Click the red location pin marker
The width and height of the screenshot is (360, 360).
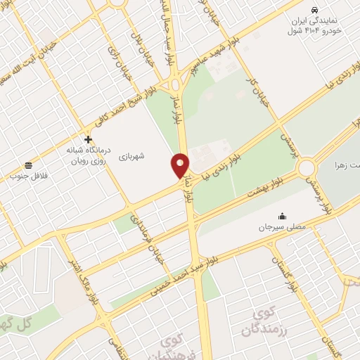[x=180, y=165]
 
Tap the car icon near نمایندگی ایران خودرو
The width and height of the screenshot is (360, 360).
[x=314, y=9]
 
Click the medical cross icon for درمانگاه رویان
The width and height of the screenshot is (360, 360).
[x=88, y=139]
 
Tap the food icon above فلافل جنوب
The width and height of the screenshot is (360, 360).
[x=27, y=165]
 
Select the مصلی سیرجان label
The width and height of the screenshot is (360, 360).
[x=281, y=228]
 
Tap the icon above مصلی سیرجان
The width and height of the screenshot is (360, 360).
[x=282, y=216]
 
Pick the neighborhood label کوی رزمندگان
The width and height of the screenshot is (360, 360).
[x=264, y=321]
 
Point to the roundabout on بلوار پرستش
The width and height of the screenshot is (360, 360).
[x=307, y=168]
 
